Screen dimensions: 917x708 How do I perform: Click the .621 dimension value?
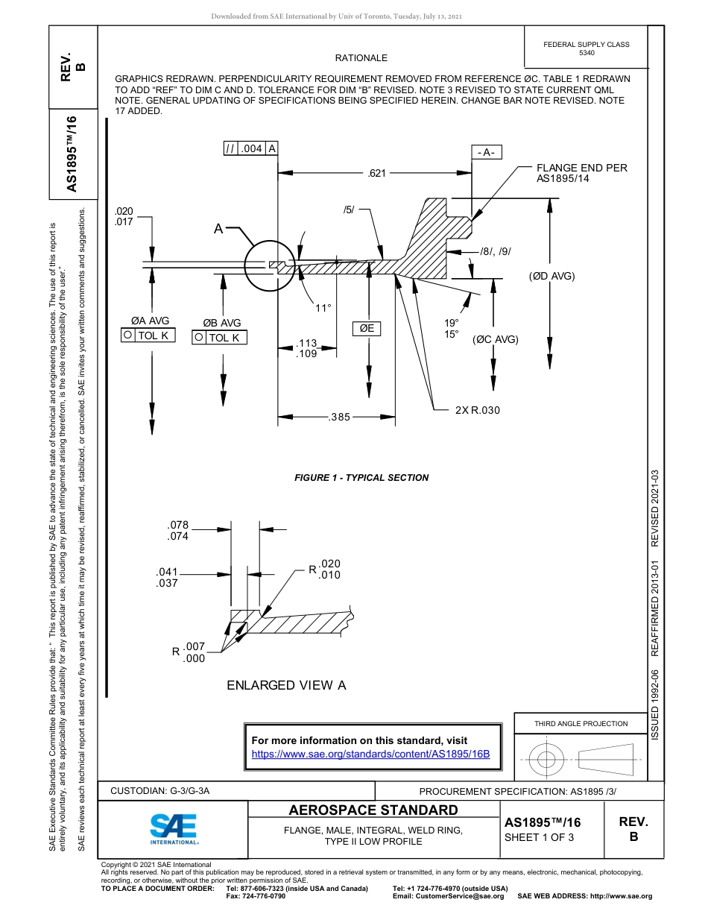pos(377,174)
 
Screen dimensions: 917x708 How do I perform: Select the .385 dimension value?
pos(339,417)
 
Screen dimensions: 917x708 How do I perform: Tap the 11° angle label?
pos(323,307)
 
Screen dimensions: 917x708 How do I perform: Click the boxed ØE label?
pos(367,328)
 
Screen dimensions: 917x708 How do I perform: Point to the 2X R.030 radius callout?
pos(477,410)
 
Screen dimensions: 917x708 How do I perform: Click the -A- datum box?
pos(487,152)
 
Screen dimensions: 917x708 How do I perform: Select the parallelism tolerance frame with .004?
pos(251,148)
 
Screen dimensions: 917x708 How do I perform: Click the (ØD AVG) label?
pos(552,276)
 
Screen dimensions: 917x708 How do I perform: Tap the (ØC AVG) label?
pos(495,339)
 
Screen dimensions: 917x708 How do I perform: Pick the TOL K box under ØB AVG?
pos(220,338)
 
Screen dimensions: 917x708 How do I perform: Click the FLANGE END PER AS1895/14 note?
pos(581,173)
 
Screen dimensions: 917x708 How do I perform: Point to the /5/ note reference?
pos(349,209)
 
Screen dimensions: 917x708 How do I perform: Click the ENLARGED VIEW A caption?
pos(286,685)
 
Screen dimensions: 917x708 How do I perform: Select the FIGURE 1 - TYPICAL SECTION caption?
pos(361,478)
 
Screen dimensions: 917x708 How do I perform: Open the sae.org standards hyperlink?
pos(370,754)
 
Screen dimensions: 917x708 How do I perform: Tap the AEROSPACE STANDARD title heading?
pos(373,810)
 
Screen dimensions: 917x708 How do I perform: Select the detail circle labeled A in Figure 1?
pos(269,265)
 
